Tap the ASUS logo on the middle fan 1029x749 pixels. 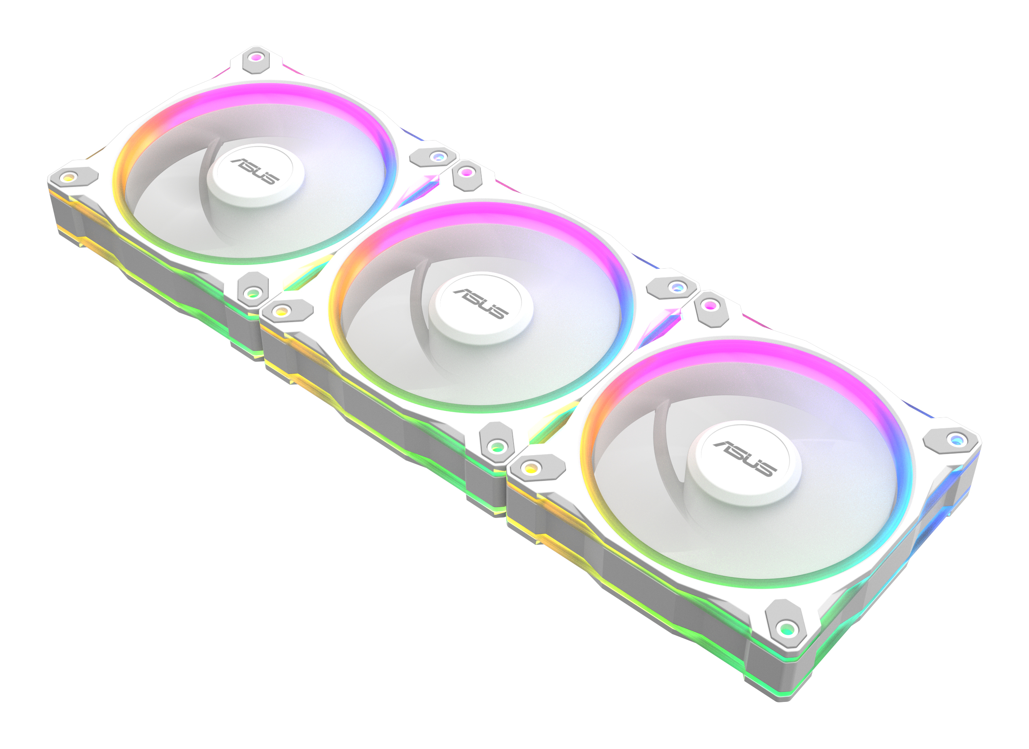point(481,304)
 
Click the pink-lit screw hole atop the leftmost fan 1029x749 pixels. point(256,57)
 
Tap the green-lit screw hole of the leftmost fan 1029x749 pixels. point(253,293)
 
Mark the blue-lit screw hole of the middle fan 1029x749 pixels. point(677,287)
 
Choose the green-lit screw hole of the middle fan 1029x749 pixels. point(497,447)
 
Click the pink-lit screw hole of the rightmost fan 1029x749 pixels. point(711,305)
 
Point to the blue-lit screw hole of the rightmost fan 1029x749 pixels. point(956,439)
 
